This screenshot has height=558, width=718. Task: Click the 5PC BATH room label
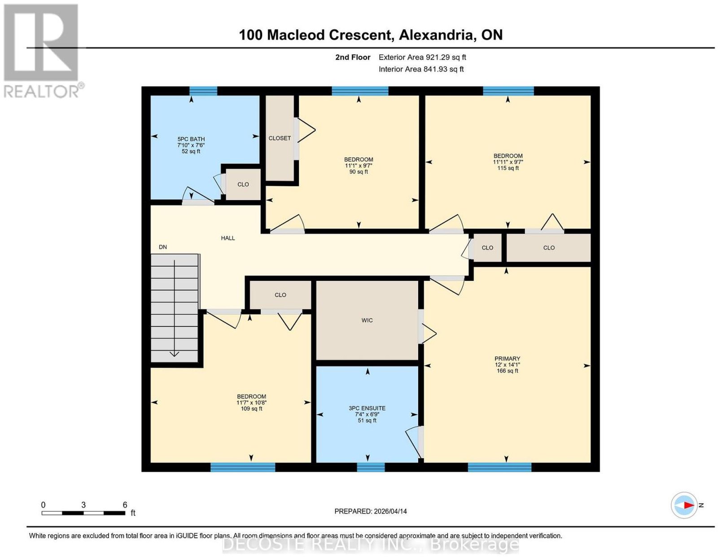[x=191, y=139]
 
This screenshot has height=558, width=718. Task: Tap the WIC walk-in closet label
[x=367, y=320]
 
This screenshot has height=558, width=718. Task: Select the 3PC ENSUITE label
[x=367, y=409]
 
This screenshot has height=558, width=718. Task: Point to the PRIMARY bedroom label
[x=507, y=358]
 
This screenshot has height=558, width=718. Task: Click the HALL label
[x=228, y=238]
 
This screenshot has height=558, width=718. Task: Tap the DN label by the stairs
[x=163, y=247]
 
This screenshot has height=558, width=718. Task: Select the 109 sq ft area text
[x=251, y=409]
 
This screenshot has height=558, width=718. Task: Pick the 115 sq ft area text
[x=508, y=168]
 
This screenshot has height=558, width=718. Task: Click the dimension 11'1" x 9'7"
[x=359, y=166]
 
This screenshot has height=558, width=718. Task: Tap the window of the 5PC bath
[x=203, y=91]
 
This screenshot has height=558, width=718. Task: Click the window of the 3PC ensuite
[x=371, y=467]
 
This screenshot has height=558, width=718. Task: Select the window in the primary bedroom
[x=499, y=467]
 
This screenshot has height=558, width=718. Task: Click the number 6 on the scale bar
[x=125, y=505]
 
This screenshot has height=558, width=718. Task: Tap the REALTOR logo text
[x=41, y=92]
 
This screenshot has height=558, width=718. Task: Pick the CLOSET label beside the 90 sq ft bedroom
[x=280, y=138]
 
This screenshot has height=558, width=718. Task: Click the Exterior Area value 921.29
[x=438, y=57]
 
